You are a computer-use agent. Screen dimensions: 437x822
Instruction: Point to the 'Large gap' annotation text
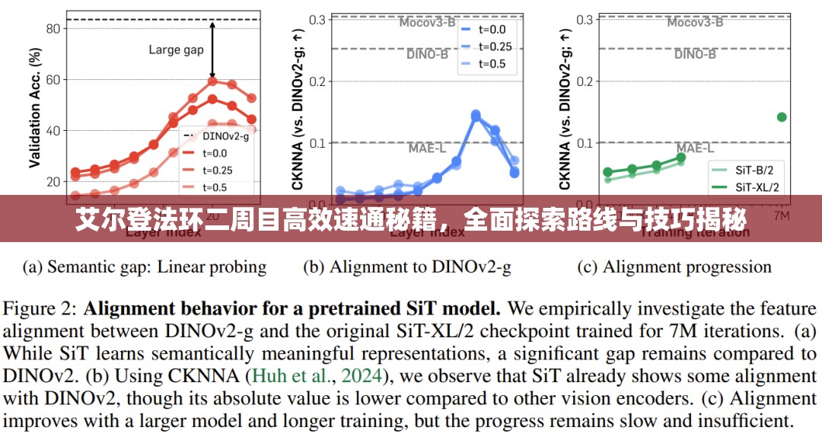click(176, 50)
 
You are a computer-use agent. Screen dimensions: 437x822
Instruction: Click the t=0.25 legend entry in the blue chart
click(495, 46)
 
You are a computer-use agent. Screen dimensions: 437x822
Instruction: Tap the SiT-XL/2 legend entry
click(756, 187)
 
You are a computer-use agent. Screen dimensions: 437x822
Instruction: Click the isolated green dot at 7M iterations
click(782, 116)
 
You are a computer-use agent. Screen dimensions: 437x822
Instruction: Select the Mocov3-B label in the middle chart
click(428, 22)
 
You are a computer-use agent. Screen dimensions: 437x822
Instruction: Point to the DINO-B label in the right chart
click(695, 54)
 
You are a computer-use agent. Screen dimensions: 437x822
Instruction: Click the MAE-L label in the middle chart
click(426, 148)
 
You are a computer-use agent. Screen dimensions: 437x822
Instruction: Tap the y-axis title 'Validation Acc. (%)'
click(35, 107)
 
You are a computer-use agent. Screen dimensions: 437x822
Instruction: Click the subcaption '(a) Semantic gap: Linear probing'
click(145, 267)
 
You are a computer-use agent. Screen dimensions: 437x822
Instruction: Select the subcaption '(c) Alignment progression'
click(675, 267)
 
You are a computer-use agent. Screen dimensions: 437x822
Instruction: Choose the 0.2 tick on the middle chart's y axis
click(317, 81)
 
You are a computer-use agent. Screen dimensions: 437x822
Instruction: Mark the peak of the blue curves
click(476, 115)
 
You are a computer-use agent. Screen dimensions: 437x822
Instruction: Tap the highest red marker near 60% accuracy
click(212, 81)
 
